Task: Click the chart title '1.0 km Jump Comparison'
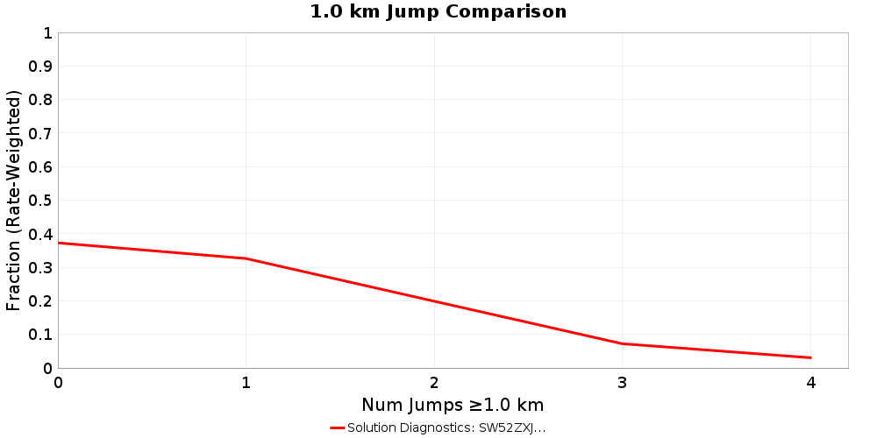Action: [x=438, y=11]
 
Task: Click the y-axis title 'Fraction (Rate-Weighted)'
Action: [x=13, y=201]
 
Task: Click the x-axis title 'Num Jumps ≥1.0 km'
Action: [x=453, y=405]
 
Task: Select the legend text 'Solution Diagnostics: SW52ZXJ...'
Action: [x=446, y=427]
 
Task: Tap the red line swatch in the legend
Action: [x=338, y=427]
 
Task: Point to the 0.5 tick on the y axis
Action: [x=41, y=201]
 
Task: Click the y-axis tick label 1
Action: [x=47, y=33]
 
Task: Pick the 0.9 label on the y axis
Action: [x=41, y=67]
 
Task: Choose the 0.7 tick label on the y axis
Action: [x=41, y=133]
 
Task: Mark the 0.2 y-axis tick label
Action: [x=41, y=300]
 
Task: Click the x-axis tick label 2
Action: [x=434, y=383]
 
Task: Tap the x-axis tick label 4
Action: [x=810, y=383]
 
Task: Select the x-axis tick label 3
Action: [x=623, y=383]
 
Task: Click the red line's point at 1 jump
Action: [x=246, y=258]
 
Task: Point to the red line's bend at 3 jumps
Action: [x=623, y=343]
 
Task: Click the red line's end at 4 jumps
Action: [x=810, y=357]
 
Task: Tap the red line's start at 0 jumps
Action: [x=59, y=243]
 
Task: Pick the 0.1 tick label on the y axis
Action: [x=41, y=334]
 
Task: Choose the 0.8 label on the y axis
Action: [x=41, y=100]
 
